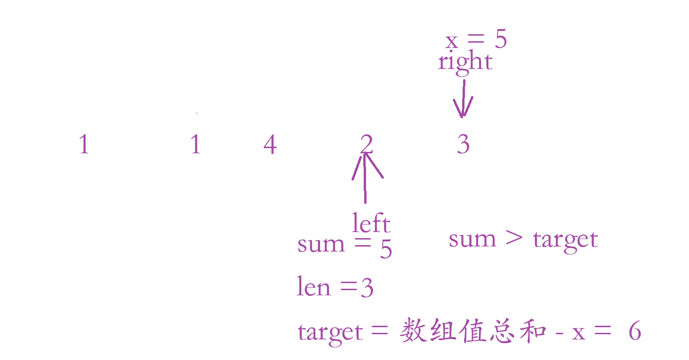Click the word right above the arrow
coord(465,62)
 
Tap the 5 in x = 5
coord(501,40)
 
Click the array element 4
coord(270,144)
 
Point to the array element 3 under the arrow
coord(463,144)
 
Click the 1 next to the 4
coord(195,144)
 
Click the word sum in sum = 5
coord(321,245)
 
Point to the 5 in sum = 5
coord(386,249)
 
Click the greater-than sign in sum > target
coord(514,238)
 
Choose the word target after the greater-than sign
coord(565,240)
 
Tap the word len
coord(314,286)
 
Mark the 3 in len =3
coord(367,288)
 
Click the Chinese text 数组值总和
coord(473,332)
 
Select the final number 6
coord(634,332)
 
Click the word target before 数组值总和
coord(330,333)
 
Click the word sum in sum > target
coord(472,239)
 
